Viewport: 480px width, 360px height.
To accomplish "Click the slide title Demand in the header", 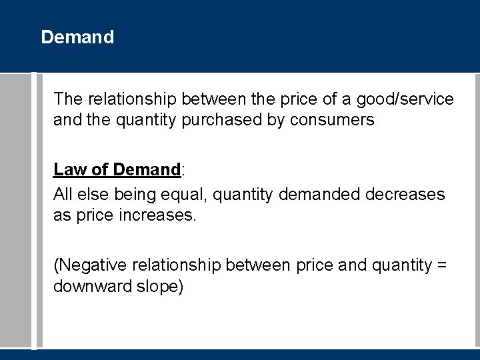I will [x=77, y=37].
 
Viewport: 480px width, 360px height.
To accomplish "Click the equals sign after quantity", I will [x=440, y=266].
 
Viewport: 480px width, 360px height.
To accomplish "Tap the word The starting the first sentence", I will [x=67, y=99].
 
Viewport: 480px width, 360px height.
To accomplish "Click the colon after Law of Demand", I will [x=183, y=171].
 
